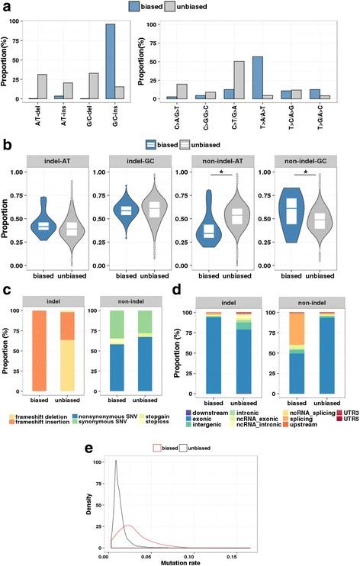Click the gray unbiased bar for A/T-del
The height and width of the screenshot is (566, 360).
[43, 86]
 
